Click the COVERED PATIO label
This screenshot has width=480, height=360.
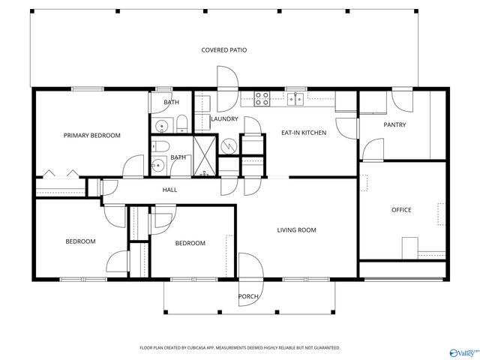[223, 50]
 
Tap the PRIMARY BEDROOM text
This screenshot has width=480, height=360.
[91, 136]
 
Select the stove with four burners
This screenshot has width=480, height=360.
[262, 97]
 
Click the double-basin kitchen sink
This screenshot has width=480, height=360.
[297, 97]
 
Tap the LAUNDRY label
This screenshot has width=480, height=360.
[224, 119]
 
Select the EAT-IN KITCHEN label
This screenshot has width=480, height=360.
[303, 133]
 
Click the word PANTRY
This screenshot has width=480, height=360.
[394, 124]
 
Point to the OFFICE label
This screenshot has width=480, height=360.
[401, 210]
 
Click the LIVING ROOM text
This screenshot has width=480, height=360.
[296, 230]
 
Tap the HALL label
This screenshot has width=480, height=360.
[169, 190]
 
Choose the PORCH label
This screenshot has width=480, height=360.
[248, 296]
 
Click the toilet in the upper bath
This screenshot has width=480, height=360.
[180, 123]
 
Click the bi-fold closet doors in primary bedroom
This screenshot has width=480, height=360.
[60, 175]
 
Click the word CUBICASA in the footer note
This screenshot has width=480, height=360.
[207, 348]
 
